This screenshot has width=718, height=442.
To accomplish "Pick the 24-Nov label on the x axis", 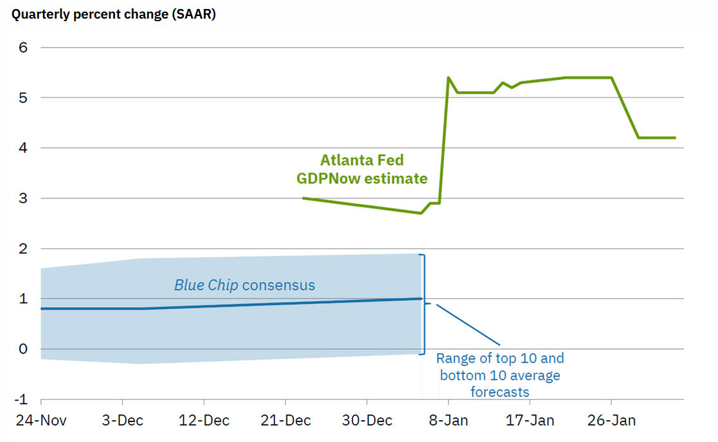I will coord(41,420).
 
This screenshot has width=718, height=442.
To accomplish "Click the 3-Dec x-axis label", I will coord(122,420).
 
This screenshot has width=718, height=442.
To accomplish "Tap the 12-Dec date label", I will coord(204,420).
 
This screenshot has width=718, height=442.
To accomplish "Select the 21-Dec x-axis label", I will coord(285,420).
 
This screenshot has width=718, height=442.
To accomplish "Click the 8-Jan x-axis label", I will coord(448,420).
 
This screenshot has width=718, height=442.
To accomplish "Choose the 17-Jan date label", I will coord(530,420).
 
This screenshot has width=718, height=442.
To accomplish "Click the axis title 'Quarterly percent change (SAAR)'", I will coord(112,15).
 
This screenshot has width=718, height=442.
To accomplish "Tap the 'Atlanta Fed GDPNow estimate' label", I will coord(362,169).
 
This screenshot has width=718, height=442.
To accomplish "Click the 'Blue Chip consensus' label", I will coord(244,285).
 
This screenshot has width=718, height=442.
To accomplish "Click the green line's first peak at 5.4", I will coord(448,78).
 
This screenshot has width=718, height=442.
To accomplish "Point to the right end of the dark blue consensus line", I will coord(421,299).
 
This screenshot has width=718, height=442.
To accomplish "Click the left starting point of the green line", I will coord(303,199).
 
